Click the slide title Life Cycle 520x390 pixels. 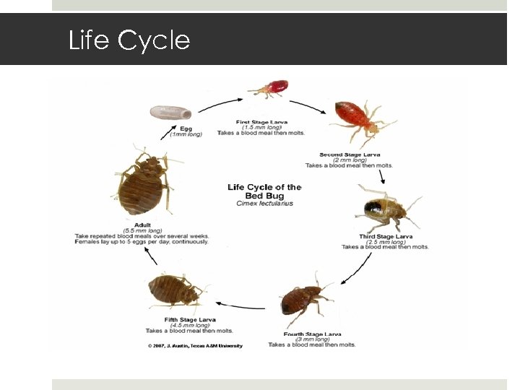point(129,40)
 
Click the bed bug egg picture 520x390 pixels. point(170,113)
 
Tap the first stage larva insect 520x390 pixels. point(269,90)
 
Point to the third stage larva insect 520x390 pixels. point(383,209)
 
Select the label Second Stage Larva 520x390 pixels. point(351,155)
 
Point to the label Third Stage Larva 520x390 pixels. point(386,237)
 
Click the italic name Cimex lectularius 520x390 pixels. point(264,204)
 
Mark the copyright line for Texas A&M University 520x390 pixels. point(195,346)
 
